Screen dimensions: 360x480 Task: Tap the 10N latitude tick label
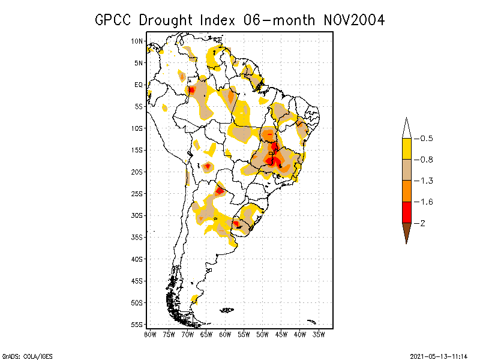click(x=137, y=41)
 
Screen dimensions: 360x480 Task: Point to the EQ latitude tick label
click(x=139, y=85)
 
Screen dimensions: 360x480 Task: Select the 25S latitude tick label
click(x=137, y=193)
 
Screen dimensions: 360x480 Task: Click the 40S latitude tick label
click(x=137, y=259)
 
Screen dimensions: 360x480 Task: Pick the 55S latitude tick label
click(x=137, y=324)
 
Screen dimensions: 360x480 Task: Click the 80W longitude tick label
click(x=151, y=334)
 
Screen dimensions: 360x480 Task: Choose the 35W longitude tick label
click(x=319, y=334)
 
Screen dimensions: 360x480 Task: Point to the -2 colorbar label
click(x=422, y=223)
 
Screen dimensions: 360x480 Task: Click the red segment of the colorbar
click(x=406, y=212)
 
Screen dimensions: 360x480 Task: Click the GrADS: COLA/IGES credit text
click(x=24, y=355)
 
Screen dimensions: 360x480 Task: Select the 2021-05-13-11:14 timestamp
click(x=439, y=355)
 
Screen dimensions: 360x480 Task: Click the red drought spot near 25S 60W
click(x=220, y=191)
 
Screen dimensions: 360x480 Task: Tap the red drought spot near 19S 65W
click(x=208, y=166)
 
